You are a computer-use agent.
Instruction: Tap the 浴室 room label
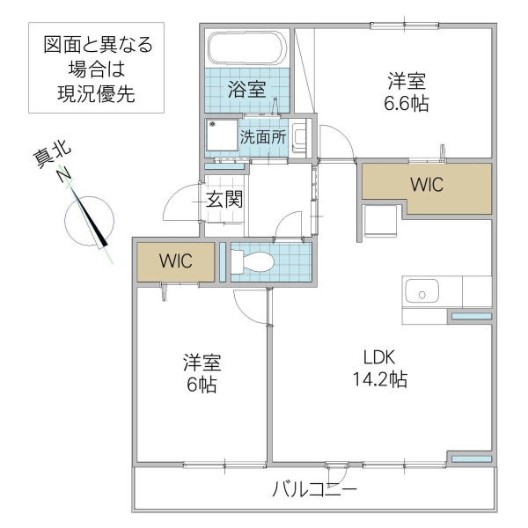pyautogui.click(x=246, y=88)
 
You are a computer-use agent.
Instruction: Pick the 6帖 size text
pyautogui.click(x=202, y=385)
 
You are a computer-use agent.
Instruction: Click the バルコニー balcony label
pyautogui.click(x=314, y=489)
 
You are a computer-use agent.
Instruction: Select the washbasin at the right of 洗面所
pyautogui.click(x=299, y=137)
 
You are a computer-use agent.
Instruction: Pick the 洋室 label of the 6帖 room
pyautogui.click(x=202, y=362)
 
